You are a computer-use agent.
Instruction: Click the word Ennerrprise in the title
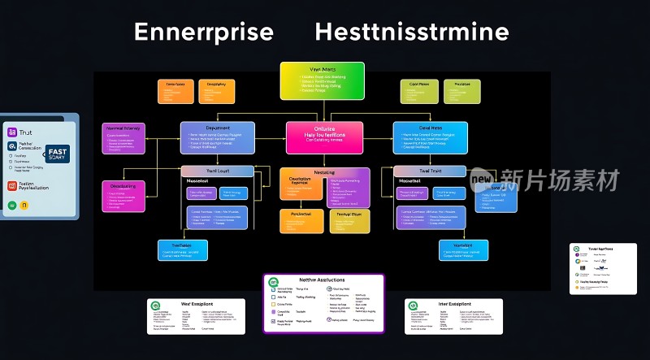point(203,33)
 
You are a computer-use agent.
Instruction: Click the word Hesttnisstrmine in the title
point(411,33)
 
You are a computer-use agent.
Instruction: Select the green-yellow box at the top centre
point(323,81)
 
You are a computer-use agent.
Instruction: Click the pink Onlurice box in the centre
point(324,137)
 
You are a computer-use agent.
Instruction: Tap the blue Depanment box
point(217,137)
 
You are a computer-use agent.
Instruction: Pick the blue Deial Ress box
point(430,137)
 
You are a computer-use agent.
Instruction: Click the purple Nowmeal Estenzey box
point(123,138)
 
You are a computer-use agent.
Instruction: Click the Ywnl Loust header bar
point(217,171)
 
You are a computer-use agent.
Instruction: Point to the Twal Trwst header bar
point(431,171)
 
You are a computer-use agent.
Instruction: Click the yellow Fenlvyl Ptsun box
point(350,220)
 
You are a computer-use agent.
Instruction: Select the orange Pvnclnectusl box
point(301,220)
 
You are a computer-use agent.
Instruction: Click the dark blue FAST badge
point(58,154)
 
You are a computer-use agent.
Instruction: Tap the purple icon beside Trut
point(12,132)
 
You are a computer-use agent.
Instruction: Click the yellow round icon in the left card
point(24,205)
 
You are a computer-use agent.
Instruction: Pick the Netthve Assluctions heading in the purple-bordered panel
point(323,280)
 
